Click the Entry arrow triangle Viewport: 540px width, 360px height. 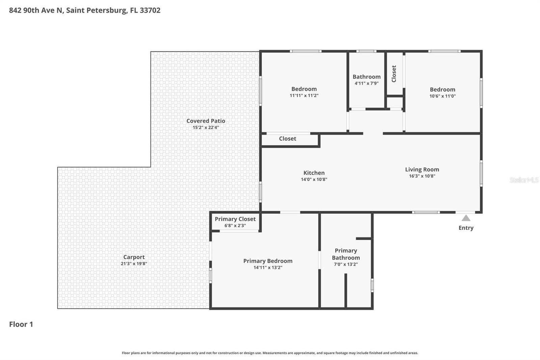tap(466, 218)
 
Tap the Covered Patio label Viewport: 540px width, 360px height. tap(206, 121)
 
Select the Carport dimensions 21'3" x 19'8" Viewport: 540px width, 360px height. tap(134, 264)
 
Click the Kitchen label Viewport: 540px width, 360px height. tap(314, 173)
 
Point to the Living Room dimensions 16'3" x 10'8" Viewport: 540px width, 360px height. tap(422, 176)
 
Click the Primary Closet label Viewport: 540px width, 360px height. tap(235, 219)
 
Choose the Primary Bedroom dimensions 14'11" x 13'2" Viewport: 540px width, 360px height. tap(268, 267)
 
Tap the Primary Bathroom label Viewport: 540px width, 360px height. tap(346, 254)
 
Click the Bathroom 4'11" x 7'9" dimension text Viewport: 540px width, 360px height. tap(366, 83)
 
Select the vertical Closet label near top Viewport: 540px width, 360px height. tap(394, 74)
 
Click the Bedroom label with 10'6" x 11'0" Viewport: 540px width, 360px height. tap(442, 89)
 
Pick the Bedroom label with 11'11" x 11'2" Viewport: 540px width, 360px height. tap(304, 89)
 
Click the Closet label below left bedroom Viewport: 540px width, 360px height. tap(287, 138)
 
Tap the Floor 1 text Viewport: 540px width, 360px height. tap(21, 324)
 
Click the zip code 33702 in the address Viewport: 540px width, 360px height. tap(150, 10)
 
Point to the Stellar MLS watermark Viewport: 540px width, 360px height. tap(524, 180)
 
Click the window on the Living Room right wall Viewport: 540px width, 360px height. tap(481, 174)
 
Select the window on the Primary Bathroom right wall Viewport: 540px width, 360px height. tap(372, 285)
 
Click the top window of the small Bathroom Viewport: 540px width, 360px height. tap(366, 51)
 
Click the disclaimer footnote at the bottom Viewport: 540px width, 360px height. tap(270, 353)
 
